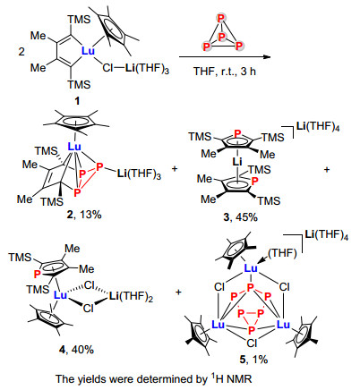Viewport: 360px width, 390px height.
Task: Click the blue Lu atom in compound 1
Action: (x=88, y=51)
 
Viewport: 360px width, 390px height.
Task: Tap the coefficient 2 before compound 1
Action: (x=21, y=52)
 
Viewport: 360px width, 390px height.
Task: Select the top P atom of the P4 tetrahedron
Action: (x=221, y=19)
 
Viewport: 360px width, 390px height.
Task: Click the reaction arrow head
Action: (x=266, y=57)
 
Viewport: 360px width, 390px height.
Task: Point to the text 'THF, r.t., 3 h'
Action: (x=225, y=72)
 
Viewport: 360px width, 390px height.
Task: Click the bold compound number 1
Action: (x=77, y=101)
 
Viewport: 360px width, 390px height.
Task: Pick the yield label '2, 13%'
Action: (x=84, y=214)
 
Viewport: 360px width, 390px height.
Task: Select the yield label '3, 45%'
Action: (x=240, y=217)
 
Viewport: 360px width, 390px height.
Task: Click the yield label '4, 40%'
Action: (x=76, y=349)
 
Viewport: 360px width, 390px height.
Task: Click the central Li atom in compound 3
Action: (x=237, y=162)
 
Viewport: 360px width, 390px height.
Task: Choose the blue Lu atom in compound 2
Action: (x=74, y=147)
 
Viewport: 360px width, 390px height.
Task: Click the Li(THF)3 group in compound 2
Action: (x=139, y=174)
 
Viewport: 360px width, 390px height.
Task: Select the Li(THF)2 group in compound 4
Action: (x=132, y=296)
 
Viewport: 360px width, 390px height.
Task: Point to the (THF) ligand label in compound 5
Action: (x=282, y=253)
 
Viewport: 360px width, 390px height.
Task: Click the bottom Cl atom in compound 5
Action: (x=252, y=343)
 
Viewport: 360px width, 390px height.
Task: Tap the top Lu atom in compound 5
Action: (x=251, y=268)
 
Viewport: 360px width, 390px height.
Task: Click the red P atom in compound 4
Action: (x=38, y=275)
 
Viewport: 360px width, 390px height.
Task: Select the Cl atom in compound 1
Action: (x=107, y=68)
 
